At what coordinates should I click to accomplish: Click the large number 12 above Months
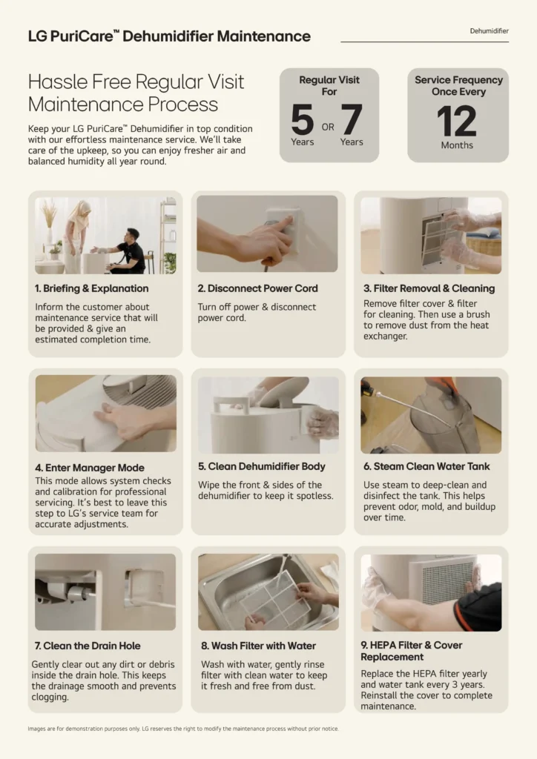pyautogui.click(x=457, y=121)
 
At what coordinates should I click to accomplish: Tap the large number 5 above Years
pyautogui.click(x=302, y=119)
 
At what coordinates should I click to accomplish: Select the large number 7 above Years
pyautogui.click(x=352, y=119)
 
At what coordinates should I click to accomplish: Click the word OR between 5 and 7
pyautogui.click(x=328, y=127)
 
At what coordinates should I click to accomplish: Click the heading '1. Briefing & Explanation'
pyautogui.click(x=91, y=288)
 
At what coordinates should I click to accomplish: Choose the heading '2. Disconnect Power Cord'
pyautogui.click(x=257, y=288)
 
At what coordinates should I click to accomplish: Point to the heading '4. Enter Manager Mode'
pyautogui.click(x=90, y=468)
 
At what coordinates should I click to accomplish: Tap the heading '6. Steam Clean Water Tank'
pyautogui.click(x=426, y=466)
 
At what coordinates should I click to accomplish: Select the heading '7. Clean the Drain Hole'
pyautogui.click(x=88, y=646)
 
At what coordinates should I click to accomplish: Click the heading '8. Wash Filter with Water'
pyautogui.click(x=258, y=646)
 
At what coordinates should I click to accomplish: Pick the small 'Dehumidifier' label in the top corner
pyautogui.click(x=489, y=31)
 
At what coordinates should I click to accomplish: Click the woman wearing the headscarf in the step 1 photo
pyautogui.click(x=76, y=236)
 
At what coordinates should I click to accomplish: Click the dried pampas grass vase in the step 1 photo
pyautogui.click(x=49, y=222)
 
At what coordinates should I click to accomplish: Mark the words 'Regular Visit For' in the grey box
pyautogui.click(x=329, y=86)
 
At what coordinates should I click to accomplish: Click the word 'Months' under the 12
pyautogui.click(x=457, y=145)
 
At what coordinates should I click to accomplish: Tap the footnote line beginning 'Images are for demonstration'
pyautogui.click(x=183, y=729)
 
